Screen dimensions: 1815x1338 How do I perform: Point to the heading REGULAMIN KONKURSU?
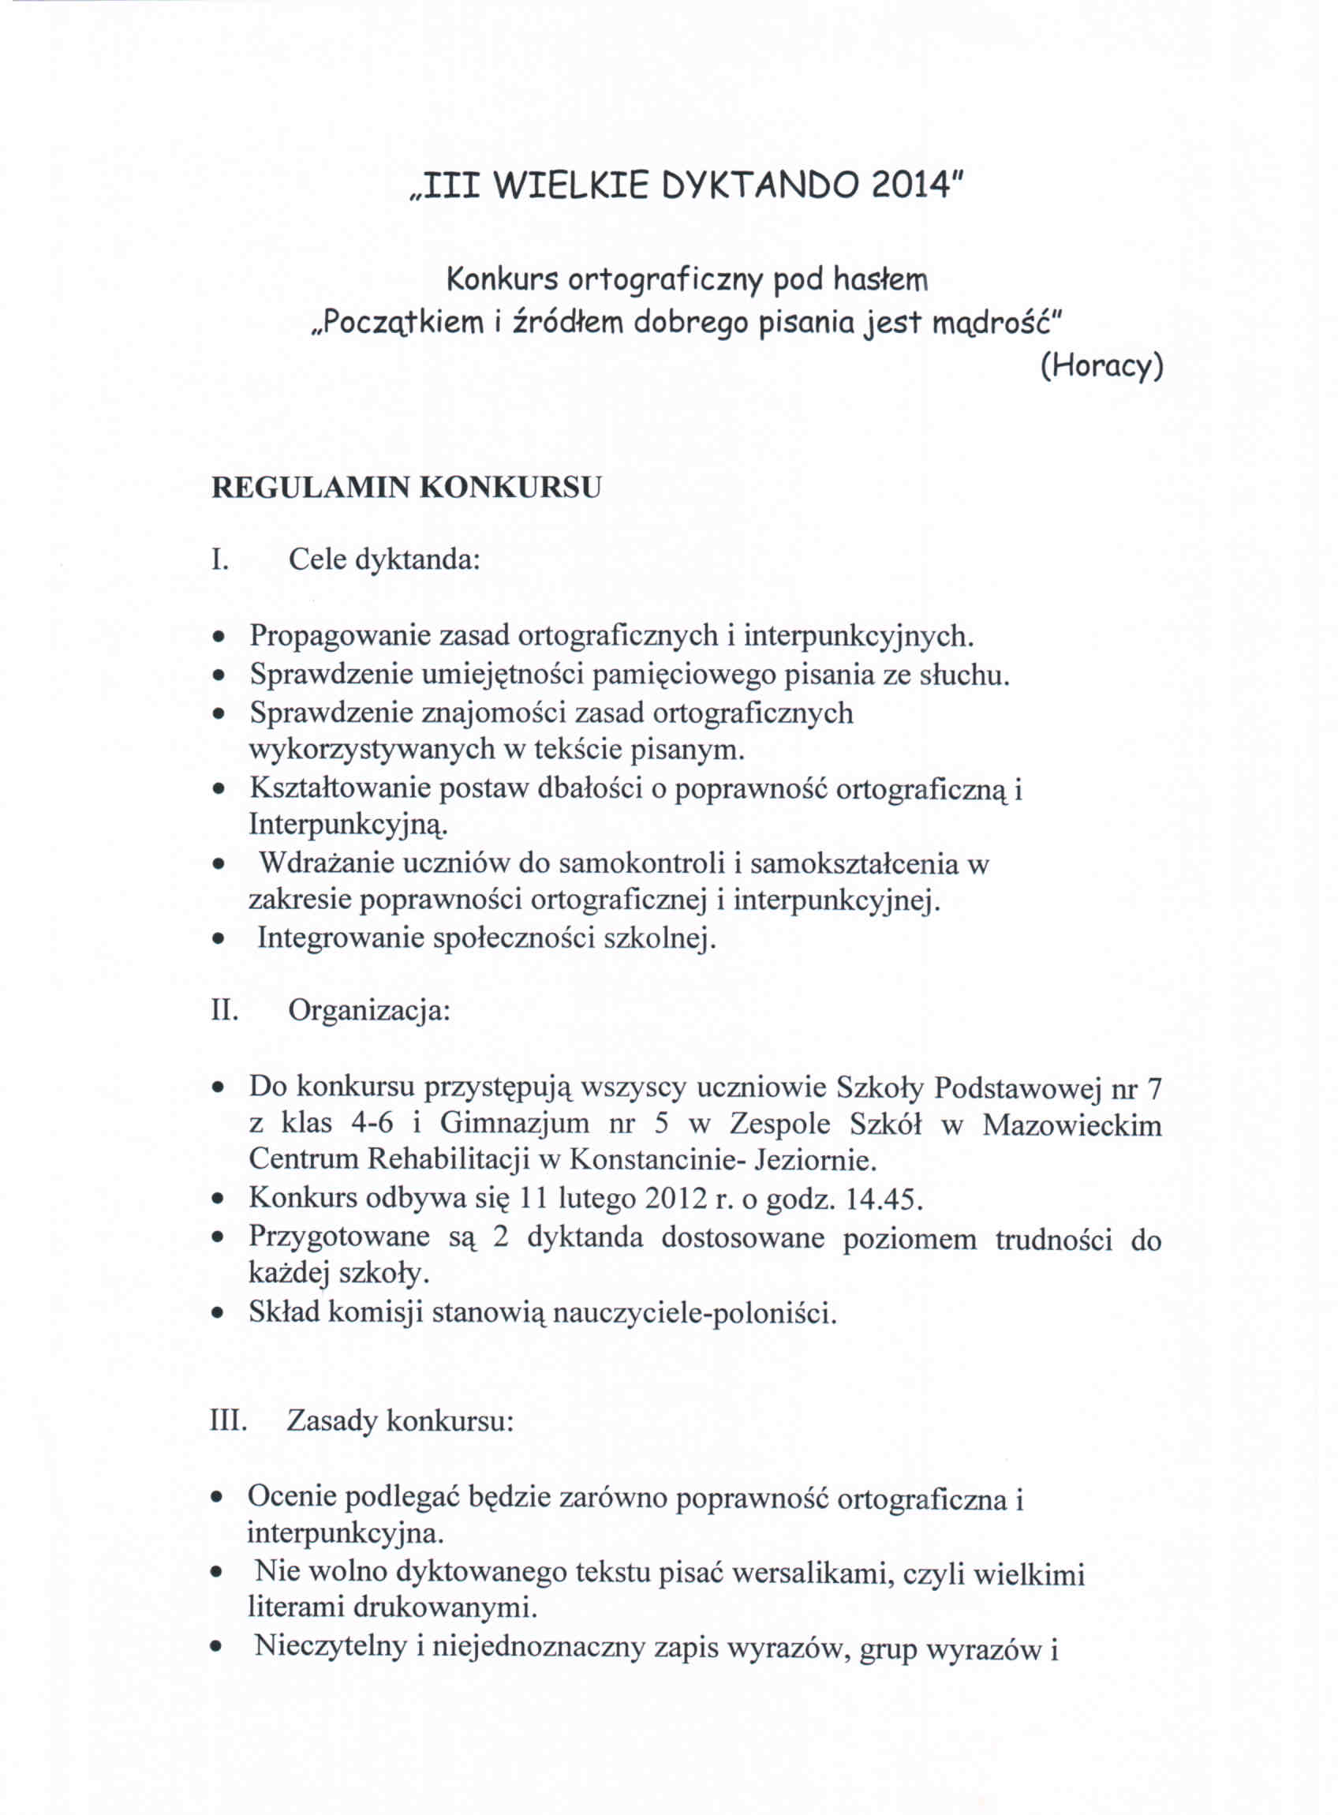click(406, 488)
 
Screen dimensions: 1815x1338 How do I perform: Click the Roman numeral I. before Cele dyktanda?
click(219, 559)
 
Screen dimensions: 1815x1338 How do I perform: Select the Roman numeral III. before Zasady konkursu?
click(227, 1421)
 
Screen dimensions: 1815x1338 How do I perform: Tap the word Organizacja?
click(368, 1011)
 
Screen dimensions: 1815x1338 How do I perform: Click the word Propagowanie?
click(339, 635)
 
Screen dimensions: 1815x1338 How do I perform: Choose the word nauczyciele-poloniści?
click(695, 1313)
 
